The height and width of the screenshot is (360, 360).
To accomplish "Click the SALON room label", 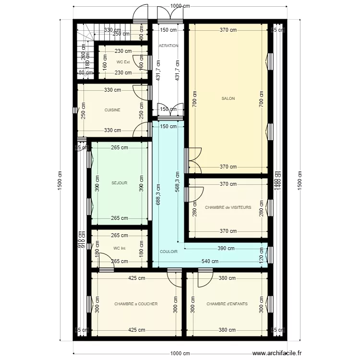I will (228, 98).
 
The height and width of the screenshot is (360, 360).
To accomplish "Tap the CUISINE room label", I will (112, 110).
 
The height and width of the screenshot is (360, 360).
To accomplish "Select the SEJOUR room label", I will (119, 183).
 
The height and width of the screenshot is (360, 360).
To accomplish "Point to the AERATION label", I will (168, 46).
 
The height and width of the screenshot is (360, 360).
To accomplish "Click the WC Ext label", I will (123, 62).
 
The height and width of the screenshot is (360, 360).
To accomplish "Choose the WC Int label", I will (120, 248).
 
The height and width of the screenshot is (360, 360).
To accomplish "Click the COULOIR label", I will (168, 251).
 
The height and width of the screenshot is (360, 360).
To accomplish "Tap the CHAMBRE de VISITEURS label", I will (228, 207).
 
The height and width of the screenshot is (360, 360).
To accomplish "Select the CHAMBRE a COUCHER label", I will (136, 304).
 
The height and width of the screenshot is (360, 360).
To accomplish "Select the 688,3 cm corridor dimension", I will (157, 193).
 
